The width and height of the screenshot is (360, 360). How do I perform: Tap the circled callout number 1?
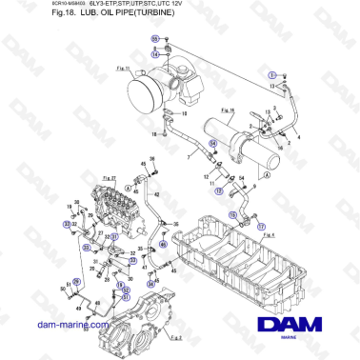(x=271, y=73)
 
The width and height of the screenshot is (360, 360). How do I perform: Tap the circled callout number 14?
(x=155, y=54)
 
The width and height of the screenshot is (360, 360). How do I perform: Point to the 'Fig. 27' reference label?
(x=108, y=177)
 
